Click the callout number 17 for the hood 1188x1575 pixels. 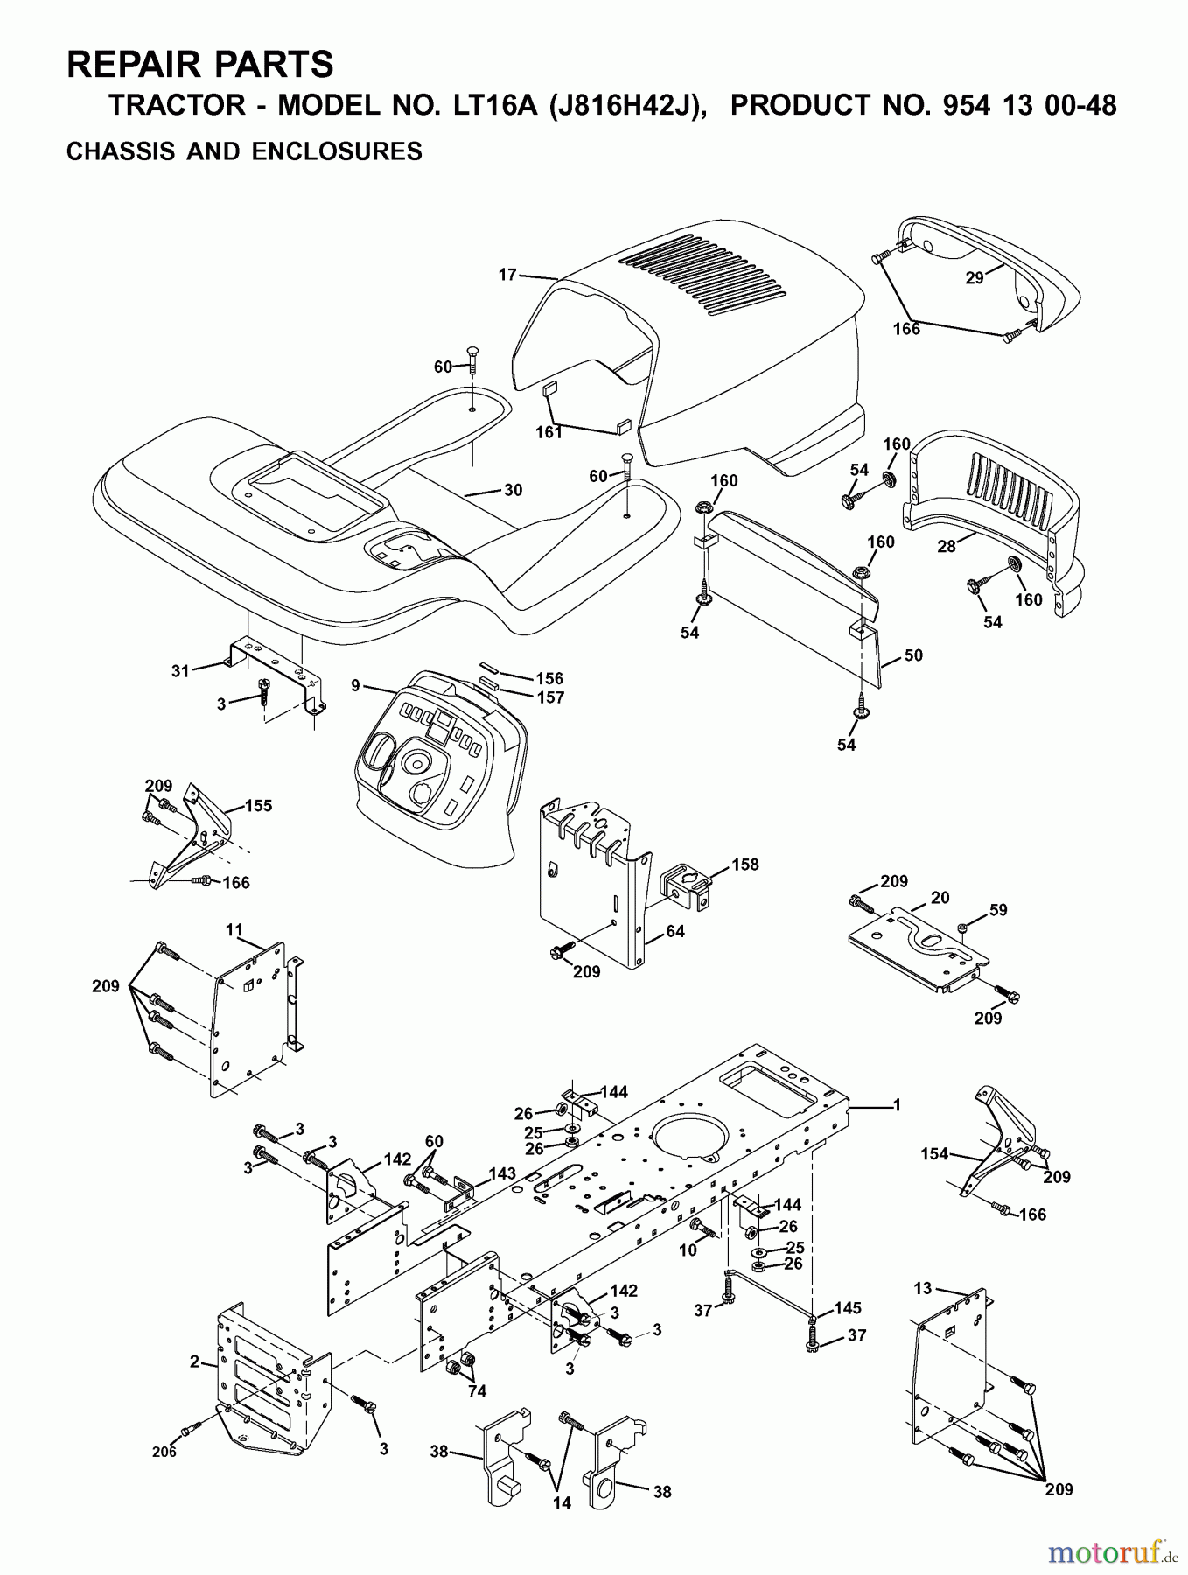507,275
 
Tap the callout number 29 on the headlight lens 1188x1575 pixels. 974,278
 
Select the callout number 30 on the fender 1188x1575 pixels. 513,490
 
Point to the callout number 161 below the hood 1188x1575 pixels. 549,432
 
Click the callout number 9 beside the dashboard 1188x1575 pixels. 356,685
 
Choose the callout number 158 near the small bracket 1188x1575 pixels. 745,864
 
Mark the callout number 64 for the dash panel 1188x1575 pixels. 674,931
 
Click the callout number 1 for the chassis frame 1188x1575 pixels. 896,1105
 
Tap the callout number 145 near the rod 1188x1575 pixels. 848,1308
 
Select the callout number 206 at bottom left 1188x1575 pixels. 164,1452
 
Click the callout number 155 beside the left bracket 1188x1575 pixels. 258,806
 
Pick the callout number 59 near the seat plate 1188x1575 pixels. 998,910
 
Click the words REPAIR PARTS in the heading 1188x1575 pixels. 200,65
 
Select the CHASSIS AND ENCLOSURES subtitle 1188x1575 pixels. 244,151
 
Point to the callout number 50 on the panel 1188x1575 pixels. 912,655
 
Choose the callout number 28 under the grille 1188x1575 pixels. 946,546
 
